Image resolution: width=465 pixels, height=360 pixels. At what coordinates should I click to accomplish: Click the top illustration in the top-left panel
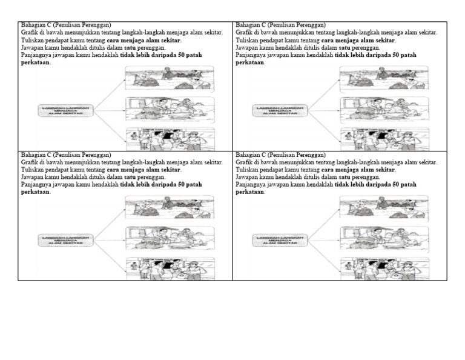169,78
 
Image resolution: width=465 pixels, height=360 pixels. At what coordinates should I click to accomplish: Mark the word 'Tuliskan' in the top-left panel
33,40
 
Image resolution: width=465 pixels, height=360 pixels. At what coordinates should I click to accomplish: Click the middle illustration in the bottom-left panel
169,239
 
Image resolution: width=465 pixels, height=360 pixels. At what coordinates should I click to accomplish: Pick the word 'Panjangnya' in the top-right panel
250,55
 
